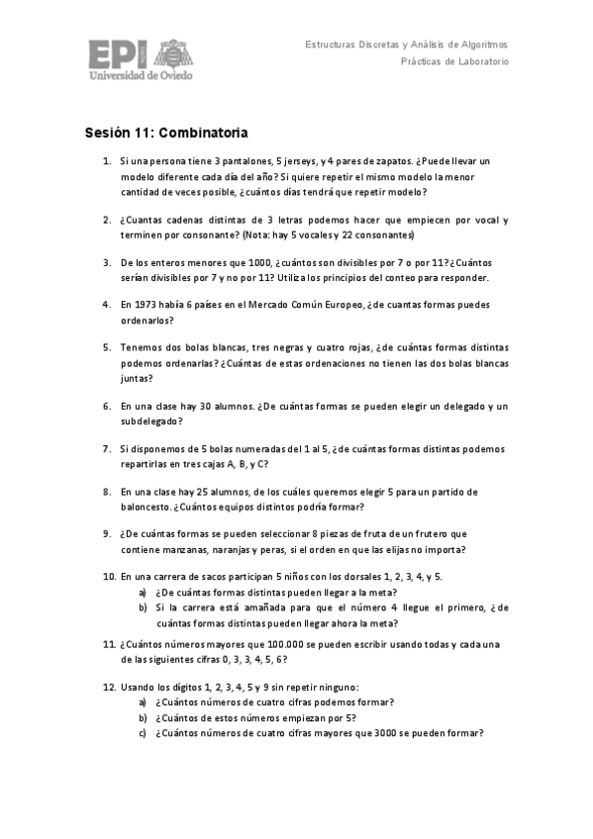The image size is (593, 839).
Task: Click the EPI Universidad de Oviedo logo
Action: click(x=141, y=58)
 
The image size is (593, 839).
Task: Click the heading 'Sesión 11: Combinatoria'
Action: click(x=165, y=132)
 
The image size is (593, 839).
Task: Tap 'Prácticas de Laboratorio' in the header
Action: click(x=454, y=61)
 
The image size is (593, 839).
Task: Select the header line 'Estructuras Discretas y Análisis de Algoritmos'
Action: click(x=406, y=45)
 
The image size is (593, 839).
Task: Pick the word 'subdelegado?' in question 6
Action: click(x=150, y=420)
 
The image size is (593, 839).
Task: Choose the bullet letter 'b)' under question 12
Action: click(x=144, y=717)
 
